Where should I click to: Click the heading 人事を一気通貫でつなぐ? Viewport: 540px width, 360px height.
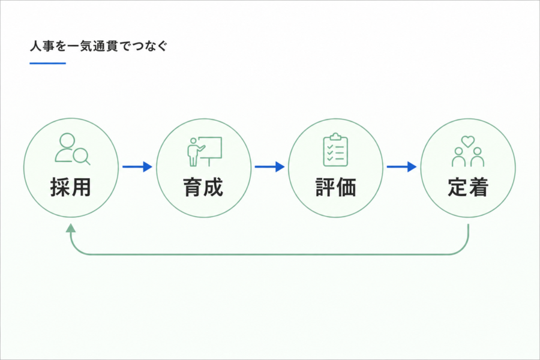click(98, 46)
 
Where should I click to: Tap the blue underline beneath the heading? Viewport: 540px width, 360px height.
click(47, 63)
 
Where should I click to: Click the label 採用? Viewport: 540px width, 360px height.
click(71, 187)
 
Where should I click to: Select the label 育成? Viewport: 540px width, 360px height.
click(203, 187)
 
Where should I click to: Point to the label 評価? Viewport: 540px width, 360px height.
click(336, 187)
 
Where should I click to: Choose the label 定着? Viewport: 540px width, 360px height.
click(468, 187)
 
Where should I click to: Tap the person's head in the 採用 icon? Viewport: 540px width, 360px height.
click(67, 140)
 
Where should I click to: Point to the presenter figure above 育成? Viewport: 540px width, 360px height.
click(194, 152)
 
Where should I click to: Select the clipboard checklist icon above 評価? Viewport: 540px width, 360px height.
click(335, 150)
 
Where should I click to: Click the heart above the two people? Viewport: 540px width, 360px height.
click(468, 141)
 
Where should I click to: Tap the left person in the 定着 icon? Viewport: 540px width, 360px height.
click(459, 157)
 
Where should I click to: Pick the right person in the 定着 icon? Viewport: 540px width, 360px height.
click(478, 157)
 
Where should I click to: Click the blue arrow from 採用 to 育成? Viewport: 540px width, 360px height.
click(137, 167)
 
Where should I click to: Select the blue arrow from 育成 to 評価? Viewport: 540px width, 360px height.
click(269, 167)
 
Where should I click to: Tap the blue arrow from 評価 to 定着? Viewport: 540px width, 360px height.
click(401, 167)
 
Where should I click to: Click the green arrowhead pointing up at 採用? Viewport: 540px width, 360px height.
click(71, 228)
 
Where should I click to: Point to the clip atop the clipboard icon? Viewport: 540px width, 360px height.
click(335, 137)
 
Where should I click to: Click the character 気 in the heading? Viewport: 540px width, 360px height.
click(86, 46)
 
